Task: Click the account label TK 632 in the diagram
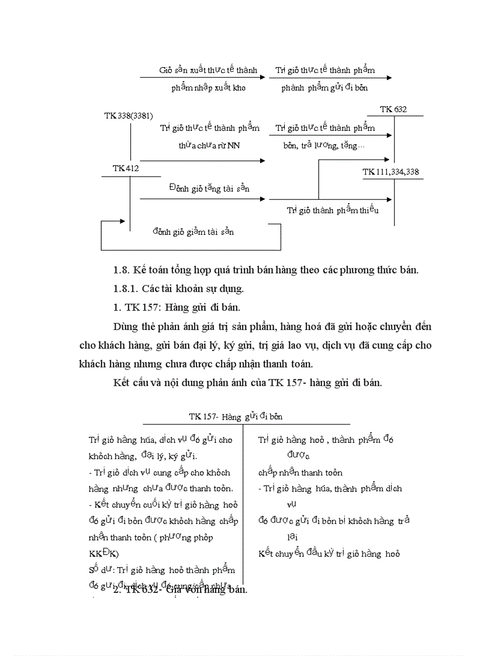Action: [x=393, y=109]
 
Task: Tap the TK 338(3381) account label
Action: [x=129, y=116]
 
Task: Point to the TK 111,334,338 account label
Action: [x=390, y=172]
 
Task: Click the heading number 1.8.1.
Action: [x=126, y=289]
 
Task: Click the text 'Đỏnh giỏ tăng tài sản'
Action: [x=201, y=188]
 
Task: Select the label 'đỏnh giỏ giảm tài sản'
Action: [x=193, y=232]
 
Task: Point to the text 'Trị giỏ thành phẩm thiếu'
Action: [x=333, y=210]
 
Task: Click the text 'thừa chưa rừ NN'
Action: [x=209, y=145]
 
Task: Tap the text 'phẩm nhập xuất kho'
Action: [x=208, y=88]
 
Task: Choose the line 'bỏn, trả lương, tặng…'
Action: [x=323, y=145]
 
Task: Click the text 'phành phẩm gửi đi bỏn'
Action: [x=324, y=88]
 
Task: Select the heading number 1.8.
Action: [x=120, y=270]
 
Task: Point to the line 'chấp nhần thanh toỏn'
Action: [x=300, y=473]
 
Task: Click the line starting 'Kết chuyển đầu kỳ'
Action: [x=329, y=554]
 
